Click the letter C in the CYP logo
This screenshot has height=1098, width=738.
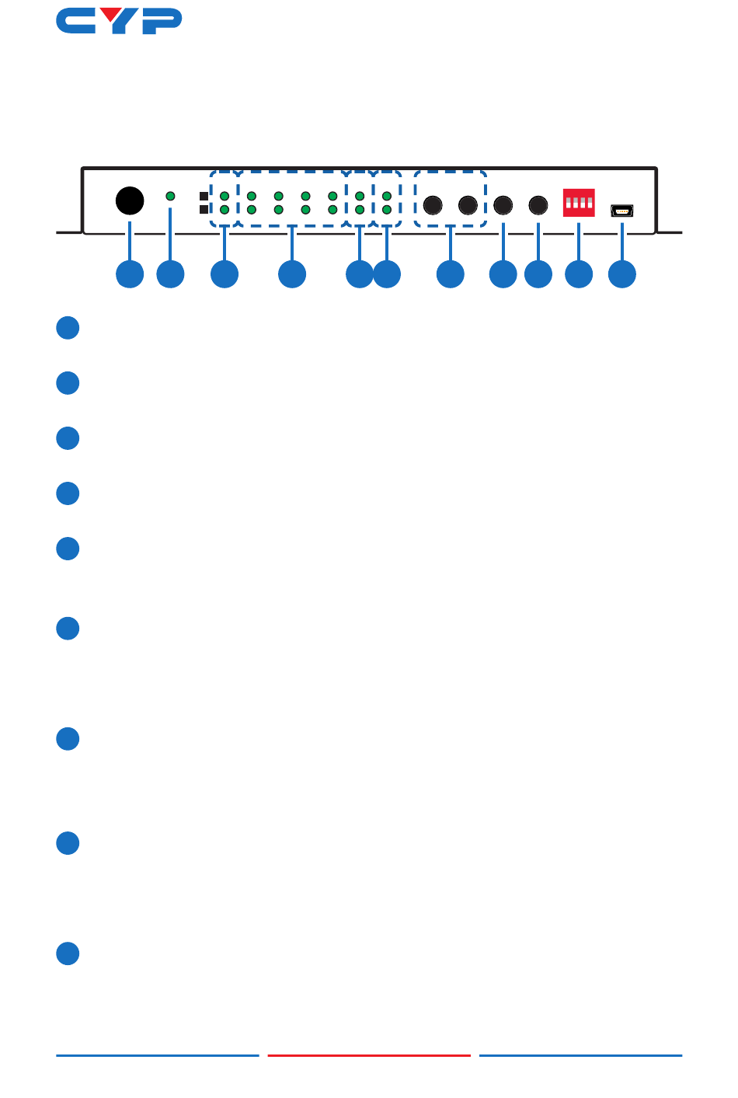coord(75,22)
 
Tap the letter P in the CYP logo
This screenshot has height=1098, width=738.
coord(163,22)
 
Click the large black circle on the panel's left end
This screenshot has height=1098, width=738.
coord(130,200)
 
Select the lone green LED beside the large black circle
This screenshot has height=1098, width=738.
coord(171,197)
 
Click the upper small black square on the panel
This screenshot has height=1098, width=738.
coord(204,197)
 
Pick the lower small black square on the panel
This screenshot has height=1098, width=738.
coord(204,209)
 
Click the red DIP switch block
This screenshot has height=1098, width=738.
coord(579,203)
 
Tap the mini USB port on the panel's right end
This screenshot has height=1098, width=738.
coord(622,211)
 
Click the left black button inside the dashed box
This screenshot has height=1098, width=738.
coord(433,205)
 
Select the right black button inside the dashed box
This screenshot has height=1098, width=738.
coord(468,205)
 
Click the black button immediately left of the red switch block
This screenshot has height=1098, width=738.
coord(538,205)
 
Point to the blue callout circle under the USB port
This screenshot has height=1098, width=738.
coord(622,274)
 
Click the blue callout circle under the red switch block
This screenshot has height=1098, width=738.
coord(579,274)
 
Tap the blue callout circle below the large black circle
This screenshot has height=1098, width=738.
coord(130,274)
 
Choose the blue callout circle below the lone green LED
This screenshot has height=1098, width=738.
coord(171,274)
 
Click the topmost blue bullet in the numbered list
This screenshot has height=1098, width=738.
coord(68,328)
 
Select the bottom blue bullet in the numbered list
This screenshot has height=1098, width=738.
coord(68,953)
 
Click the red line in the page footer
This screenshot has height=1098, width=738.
coord(369,1055)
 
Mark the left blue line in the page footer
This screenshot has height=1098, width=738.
coord(157,1055)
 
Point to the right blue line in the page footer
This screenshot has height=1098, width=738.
coord(580,1055)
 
